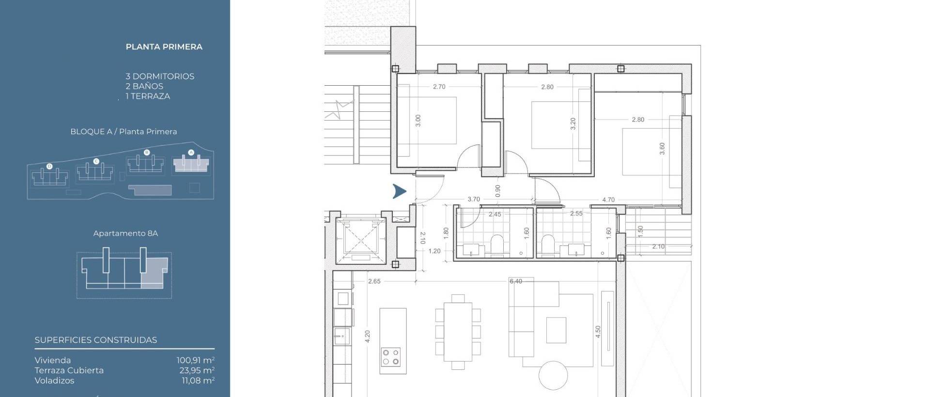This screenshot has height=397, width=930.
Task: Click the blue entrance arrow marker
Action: pyautogui.click(x=399, y=192)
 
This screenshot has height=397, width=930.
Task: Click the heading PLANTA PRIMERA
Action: pyautogui.click(x=164, y=47)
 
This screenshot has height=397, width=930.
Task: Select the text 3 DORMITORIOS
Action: pyautogui.click(x=160, y=76)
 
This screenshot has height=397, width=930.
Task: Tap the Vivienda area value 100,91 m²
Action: pyautogui.click(x=195, y=360)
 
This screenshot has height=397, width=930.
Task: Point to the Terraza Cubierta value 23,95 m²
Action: pyautogui.click(x=197, y=370)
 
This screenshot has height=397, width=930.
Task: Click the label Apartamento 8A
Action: pyautogui.click(x=125, y=233)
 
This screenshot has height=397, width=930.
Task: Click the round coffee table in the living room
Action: pyautogui.click(x=553, y=375)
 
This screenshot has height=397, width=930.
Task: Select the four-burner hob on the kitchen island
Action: pyautogui.click(x=390, y=357)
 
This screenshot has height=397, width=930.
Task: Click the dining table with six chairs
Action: pyautogui.click(x=458, y=332)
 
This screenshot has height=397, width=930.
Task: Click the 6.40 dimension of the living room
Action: pyautogui.click(x=515, y=281)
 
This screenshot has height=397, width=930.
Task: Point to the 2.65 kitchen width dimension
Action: pyautogui.click(x=374, y=281)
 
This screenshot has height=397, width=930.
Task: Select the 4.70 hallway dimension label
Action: pyautogui.click(x=608, y=199)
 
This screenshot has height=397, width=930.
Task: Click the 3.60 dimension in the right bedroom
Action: pyautogui.click(x=662, y=149)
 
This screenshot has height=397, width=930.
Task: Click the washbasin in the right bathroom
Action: pyautogui.click(x=575, y=250)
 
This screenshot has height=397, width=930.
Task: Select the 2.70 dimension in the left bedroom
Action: pyautogui.click(x=439, y=87)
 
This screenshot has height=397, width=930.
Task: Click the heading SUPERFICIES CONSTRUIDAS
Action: pyautogui.click(x=96, y=340)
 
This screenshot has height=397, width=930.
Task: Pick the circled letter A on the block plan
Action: pyautogui.click(x=191, y=153)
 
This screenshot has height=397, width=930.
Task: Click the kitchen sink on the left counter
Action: pyautogui.click(x=342, y=335)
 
